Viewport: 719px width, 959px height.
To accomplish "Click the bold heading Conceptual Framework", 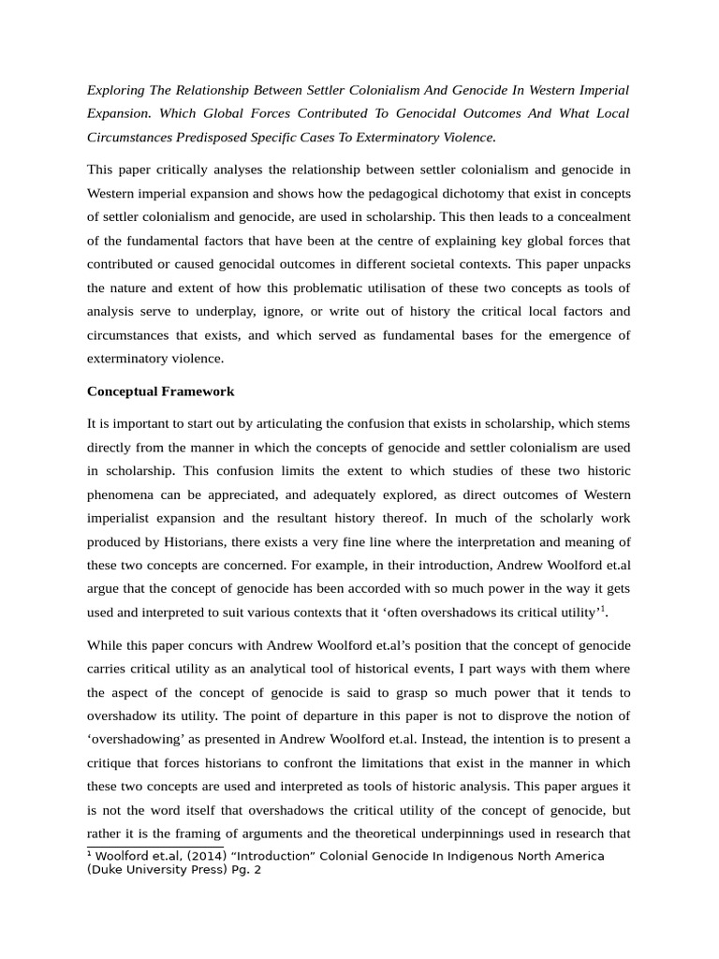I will pyautogui.click(x=160, y=391).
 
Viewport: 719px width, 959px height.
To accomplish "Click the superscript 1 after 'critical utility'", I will pyautogui.click(x=603, y=609).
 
